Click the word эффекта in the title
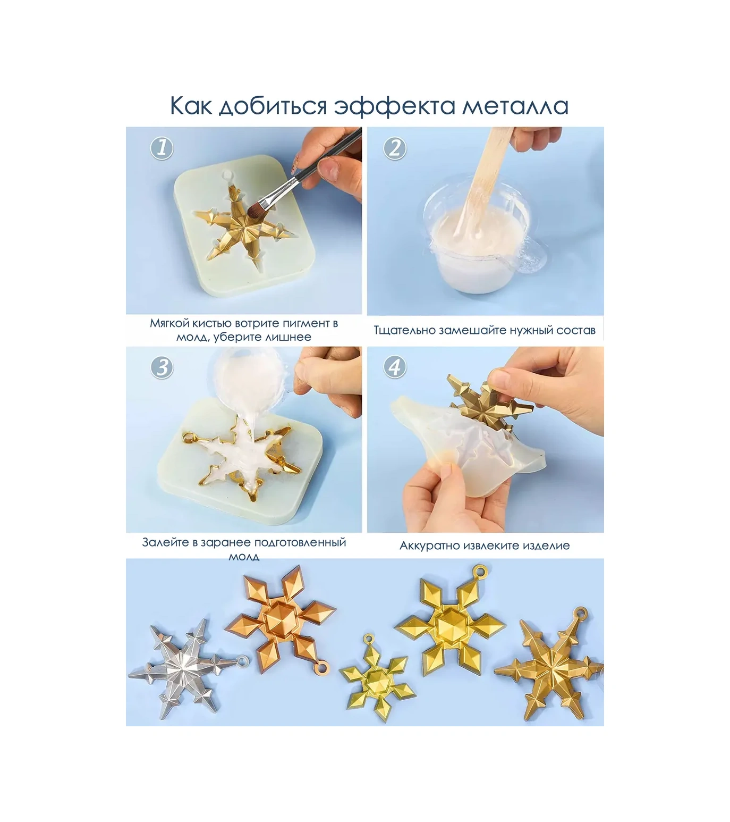(x=394, y=105)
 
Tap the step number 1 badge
(x=162, y=147)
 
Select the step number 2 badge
(x=394, y=147)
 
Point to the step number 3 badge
(x=162, y=367)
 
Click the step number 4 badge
(x=394, y=367)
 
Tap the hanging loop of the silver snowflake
(x=242, y=661)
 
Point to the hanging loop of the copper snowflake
(x=322, y=667)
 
